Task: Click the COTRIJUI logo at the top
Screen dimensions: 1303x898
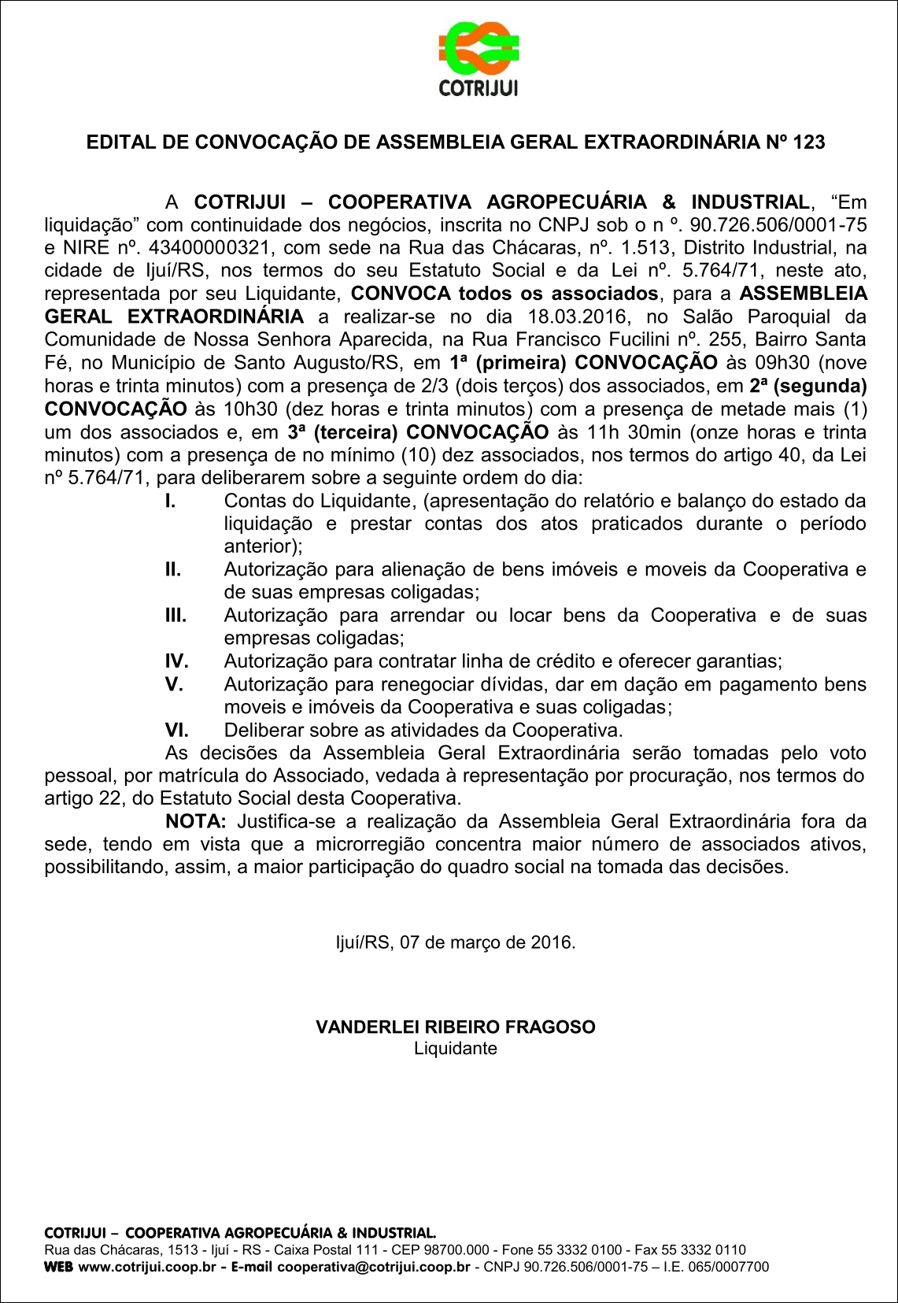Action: pyautogui.click(x=478, y=59)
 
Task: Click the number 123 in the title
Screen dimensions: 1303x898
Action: pyautogui.click(x=809, y=142)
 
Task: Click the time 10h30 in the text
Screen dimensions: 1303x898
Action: pyautogui.click(x=233, y=409)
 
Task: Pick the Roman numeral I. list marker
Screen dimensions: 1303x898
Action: pyautogui.click(x=170, y=501)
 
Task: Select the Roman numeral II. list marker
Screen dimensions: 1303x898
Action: pyautogui.click(x=173, y=569)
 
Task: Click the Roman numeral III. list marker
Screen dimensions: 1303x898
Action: pyautogui.click(x=176, y=615)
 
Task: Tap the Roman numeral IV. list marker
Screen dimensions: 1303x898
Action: pyautogui.click(x=176, y=661)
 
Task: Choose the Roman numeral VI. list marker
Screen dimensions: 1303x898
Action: pyautogui.click(x=176, y=730)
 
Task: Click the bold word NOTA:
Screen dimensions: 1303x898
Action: pyautogui.click(x=196, y=821)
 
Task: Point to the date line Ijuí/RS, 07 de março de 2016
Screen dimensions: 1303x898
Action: pyautogui.click(x=456, y=942)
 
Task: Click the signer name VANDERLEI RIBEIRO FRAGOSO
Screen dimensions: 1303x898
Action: pyautogui.click(x=456, y=1027)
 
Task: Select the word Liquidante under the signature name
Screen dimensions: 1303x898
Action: pyautogui.click(x=456, y=1049)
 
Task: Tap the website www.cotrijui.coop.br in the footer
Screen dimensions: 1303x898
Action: pyautogui.click(x=147, y=1267)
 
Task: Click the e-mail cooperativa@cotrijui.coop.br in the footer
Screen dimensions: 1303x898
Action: pyautogui.click(x=373, y=1267)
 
